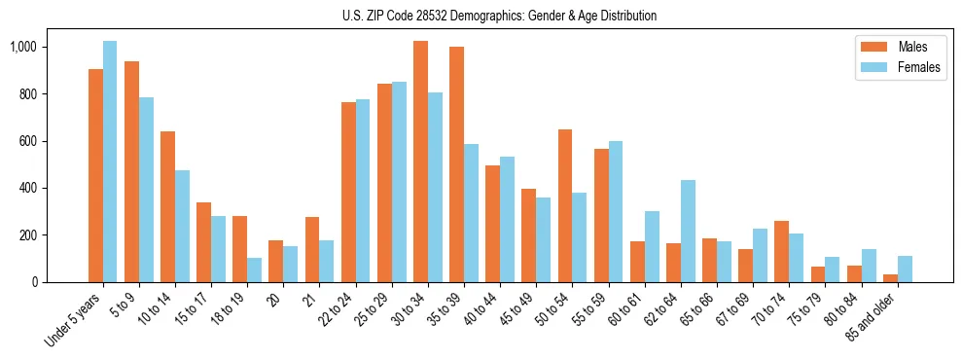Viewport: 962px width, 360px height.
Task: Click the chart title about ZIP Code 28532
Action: (500, 16)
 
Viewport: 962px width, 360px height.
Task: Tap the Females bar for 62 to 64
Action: (688, 231)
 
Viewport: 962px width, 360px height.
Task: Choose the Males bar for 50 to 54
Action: (565, 205)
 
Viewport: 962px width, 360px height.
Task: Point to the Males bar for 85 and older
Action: (890, 278)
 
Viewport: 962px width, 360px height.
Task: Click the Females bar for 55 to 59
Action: (616, 211)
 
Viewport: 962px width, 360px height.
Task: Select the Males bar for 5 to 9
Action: (131, 171)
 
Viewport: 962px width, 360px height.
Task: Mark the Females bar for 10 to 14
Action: (182, 226)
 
